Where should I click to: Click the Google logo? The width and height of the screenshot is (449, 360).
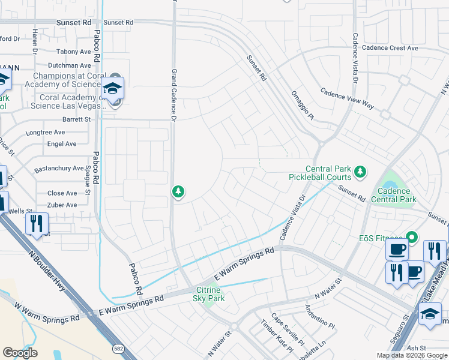pos(20,353)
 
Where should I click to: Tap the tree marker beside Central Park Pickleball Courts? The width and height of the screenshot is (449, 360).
pos(360,173)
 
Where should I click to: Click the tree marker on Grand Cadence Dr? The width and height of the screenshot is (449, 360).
pos(178,192)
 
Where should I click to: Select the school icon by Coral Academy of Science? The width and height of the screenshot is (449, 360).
pos(112,89)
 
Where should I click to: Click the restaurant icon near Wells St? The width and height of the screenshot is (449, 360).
pos(37,223)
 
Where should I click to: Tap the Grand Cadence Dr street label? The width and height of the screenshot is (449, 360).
pos(173,96)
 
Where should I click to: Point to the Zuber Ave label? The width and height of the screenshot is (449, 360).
pos(62,205)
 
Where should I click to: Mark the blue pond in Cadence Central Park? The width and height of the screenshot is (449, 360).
pos(391,178)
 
